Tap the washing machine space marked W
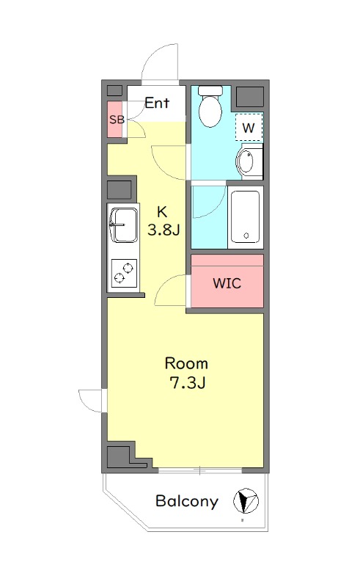pyautogui.click(x=249, y=127)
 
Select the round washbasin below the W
pyautogui.click(x=246, y=161)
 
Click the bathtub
pyautogui.click(x=245, y=216)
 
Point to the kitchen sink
pyautogui.click(x=124, y=225)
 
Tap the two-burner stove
pyautogui.click(x=124, y=273)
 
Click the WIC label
pyautogui.click(x=227, y=283)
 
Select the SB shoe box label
pyautogui.click(x=117, y=120)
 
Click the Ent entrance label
pyautogui.click(x=157, y=103)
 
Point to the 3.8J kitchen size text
pyautogui.click(x=164, y=230)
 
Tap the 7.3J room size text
pyautogui.click(x=188, y=382)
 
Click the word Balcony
pyautogui.click(x=187, y=501)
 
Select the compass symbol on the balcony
pyautogui.click(x=246, y=501)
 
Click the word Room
pyautogui.click(x=186, y=363)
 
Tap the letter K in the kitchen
pyautogui.click(x=161, y=212)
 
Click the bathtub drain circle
pyautogui.click(x=246, y=236)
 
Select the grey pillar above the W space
pyautogui.click(x=250, y=97)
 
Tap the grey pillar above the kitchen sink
pyautogui.click(x=120, y=190)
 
